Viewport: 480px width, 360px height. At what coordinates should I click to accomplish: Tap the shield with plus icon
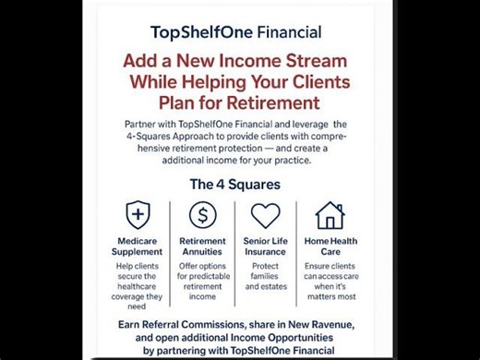click(x=138, y=216)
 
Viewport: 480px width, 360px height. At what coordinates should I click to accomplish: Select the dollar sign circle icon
click(x=203, y=216)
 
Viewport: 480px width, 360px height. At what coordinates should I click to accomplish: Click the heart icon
click(x=265, y=216)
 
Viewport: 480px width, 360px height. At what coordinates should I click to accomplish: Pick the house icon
click(x=330, y=216)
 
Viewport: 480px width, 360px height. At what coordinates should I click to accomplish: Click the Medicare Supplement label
click(x=138, y=246)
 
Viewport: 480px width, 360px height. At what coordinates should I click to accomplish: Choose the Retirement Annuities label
click(x=203, y=246)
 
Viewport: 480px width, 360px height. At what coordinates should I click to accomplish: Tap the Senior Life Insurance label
click(x=265, y=246)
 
